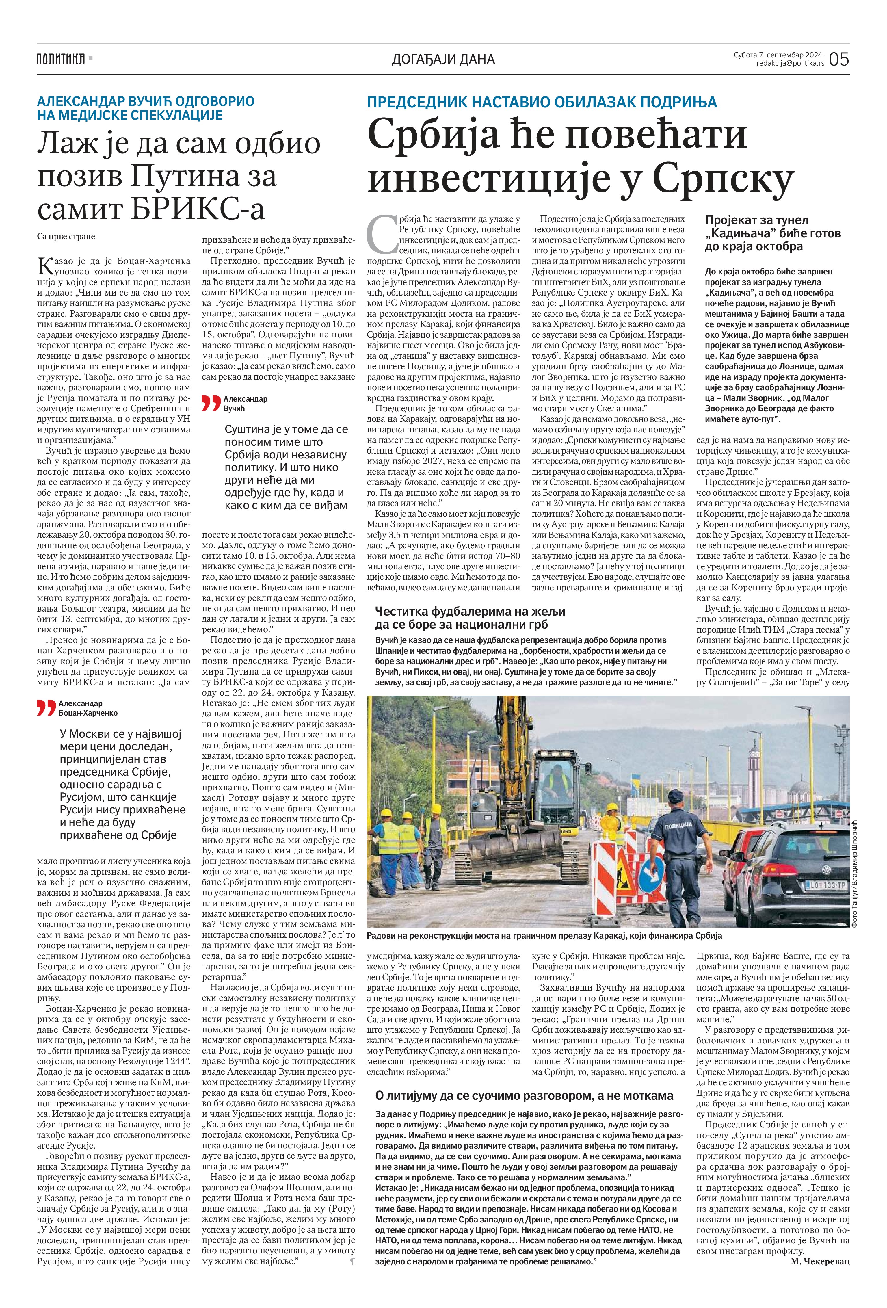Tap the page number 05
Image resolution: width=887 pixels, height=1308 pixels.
[838, 59]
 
